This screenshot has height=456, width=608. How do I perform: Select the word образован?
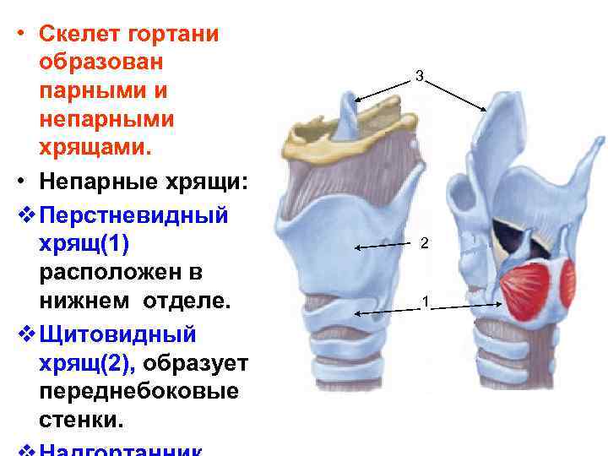point(101,62)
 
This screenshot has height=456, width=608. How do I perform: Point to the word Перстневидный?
point(133,214)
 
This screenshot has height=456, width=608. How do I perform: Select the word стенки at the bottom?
point(80,421)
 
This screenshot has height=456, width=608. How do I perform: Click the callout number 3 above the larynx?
point(420,77)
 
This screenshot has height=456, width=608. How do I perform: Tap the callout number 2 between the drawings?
point(425,244)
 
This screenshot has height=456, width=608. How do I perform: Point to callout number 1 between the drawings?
point(426,301)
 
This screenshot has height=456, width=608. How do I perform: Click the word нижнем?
point(84,302)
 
